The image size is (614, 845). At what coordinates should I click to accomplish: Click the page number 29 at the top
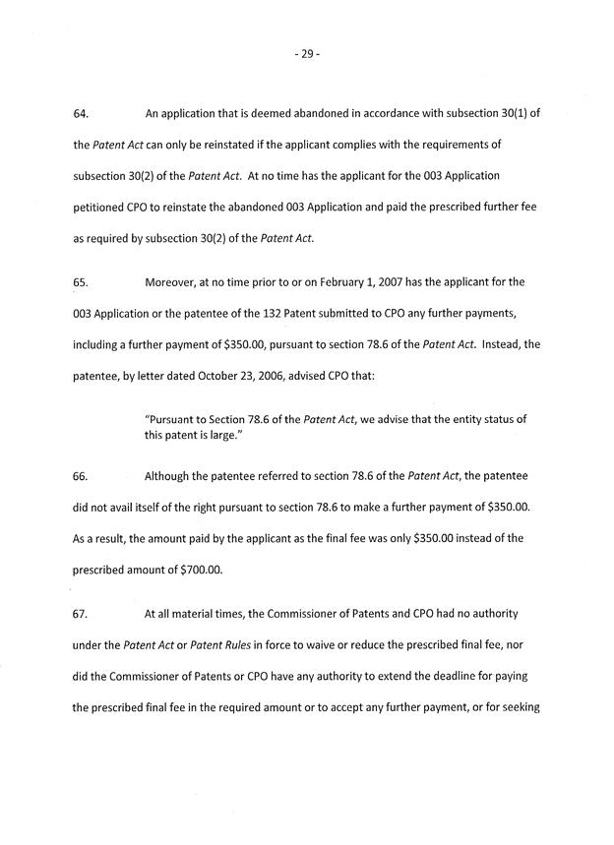click(306, 55)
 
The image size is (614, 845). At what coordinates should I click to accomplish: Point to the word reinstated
click(236, 145)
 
